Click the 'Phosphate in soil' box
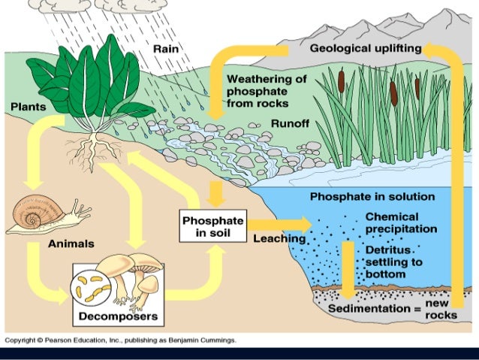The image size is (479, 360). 213,225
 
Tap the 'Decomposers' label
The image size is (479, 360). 118,316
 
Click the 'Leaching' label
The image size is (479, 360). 279,239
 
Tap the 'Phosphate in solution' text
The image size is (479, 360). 372,197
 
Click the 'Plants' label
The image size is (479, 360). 27,107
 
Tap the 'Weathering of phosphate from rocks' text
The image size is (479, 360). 267,91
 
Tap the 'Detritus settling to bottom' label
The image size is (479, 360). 395,262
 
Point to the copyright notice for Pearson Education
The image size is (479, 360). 120,340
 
